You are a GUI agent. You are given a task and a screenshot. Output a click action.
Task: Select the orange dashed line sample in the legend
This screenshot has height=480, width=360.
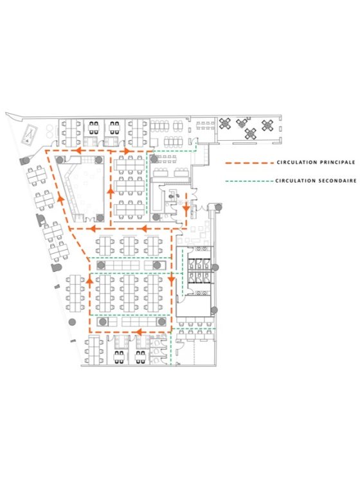pyautogui.click(x=249, y=163)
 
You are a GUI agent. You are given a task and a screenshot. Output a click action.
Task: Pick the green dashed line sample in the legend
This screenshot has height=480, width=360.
pyautogui.click(x=249, y=181)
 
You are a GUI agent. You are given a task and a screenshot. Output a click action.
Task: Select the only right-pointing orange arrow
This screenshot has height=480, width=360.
pyautogui.click(x=126, y=150)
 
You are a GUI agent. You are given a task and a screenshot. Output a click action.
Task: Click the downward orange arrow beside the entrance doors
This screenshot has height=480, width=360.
pyautogui.click(x=186, y=209)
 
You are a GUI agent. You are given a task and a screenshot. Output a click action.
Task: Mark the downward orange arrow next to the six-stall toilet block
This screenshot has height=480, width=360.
pyautogui.click(x=171, y=279)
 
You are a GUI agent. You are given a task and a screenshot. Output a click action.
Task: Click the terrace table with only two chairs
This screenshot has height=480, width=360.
pyautogui.click(x=242, y=123)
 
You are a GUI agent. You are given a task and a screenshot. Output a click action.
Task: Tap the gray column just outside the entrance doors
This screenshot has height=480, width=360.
pyautogui.click(x=218, y=208)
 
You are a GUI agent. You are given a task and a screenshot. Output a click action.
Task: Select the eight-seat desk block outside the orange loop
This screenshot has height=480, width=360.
pyautogui.click(x=75, y=293)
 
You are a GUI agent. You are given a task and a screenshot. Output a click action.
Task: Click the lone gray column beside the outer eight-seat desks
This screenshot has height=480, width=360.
pyautogui.click(x=72, y=322)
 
